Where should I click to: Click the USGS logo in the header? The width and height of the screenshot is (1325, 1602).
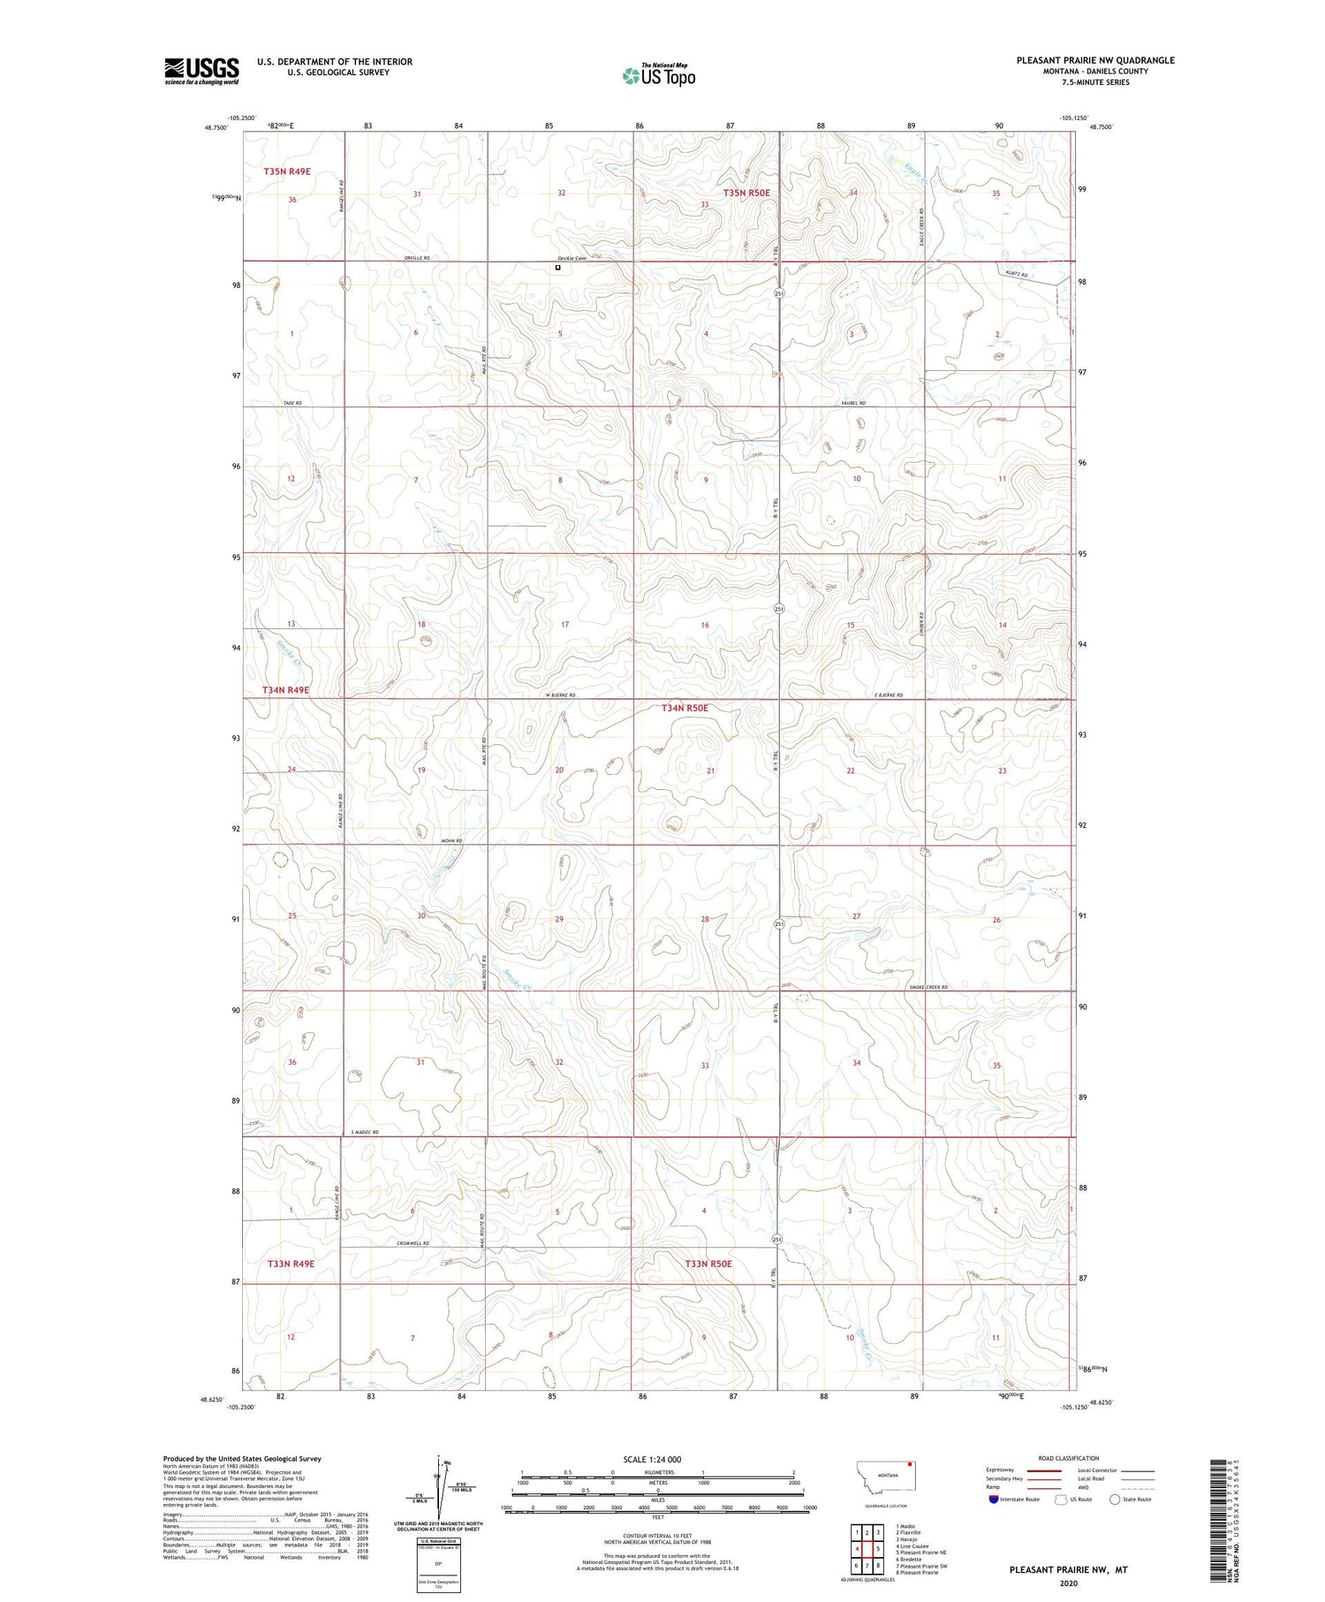[x=201, y=71]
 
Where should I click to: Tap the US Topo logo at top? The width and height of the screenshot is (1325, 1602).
[x=659, y=76]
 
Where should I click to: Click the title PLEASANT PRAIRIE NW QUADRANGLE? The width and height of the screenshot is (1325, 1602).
[x=1095, y=60]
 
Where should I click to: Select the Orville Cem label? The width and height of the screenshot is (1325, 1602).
[x=571, y=258]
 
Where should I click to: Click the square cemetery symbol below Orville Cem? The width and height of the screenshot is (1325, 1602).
[x=557, y=267]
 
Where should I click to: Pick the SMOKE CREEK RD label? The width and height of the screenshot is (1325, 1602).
[x=927, y=987]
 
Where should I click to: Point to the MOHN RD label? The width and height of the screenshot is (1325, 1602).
[x=451, y=840]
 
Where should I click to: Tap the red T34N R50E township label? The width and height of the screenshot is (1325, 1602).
[x=685, y=708]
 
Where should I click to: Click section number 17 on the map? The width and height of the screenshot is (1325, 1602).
[x=565, y=625]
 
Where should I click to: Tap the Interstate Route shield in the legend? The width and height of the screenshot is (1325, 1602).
[x=993, y=1500]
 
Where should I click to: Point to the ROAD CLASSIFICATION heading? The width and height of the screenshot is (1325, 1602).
[x=1069, y=1458]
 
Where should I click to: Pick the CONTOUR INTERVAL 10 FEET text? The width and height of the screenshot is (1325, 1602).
[x=658, y=1536]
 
